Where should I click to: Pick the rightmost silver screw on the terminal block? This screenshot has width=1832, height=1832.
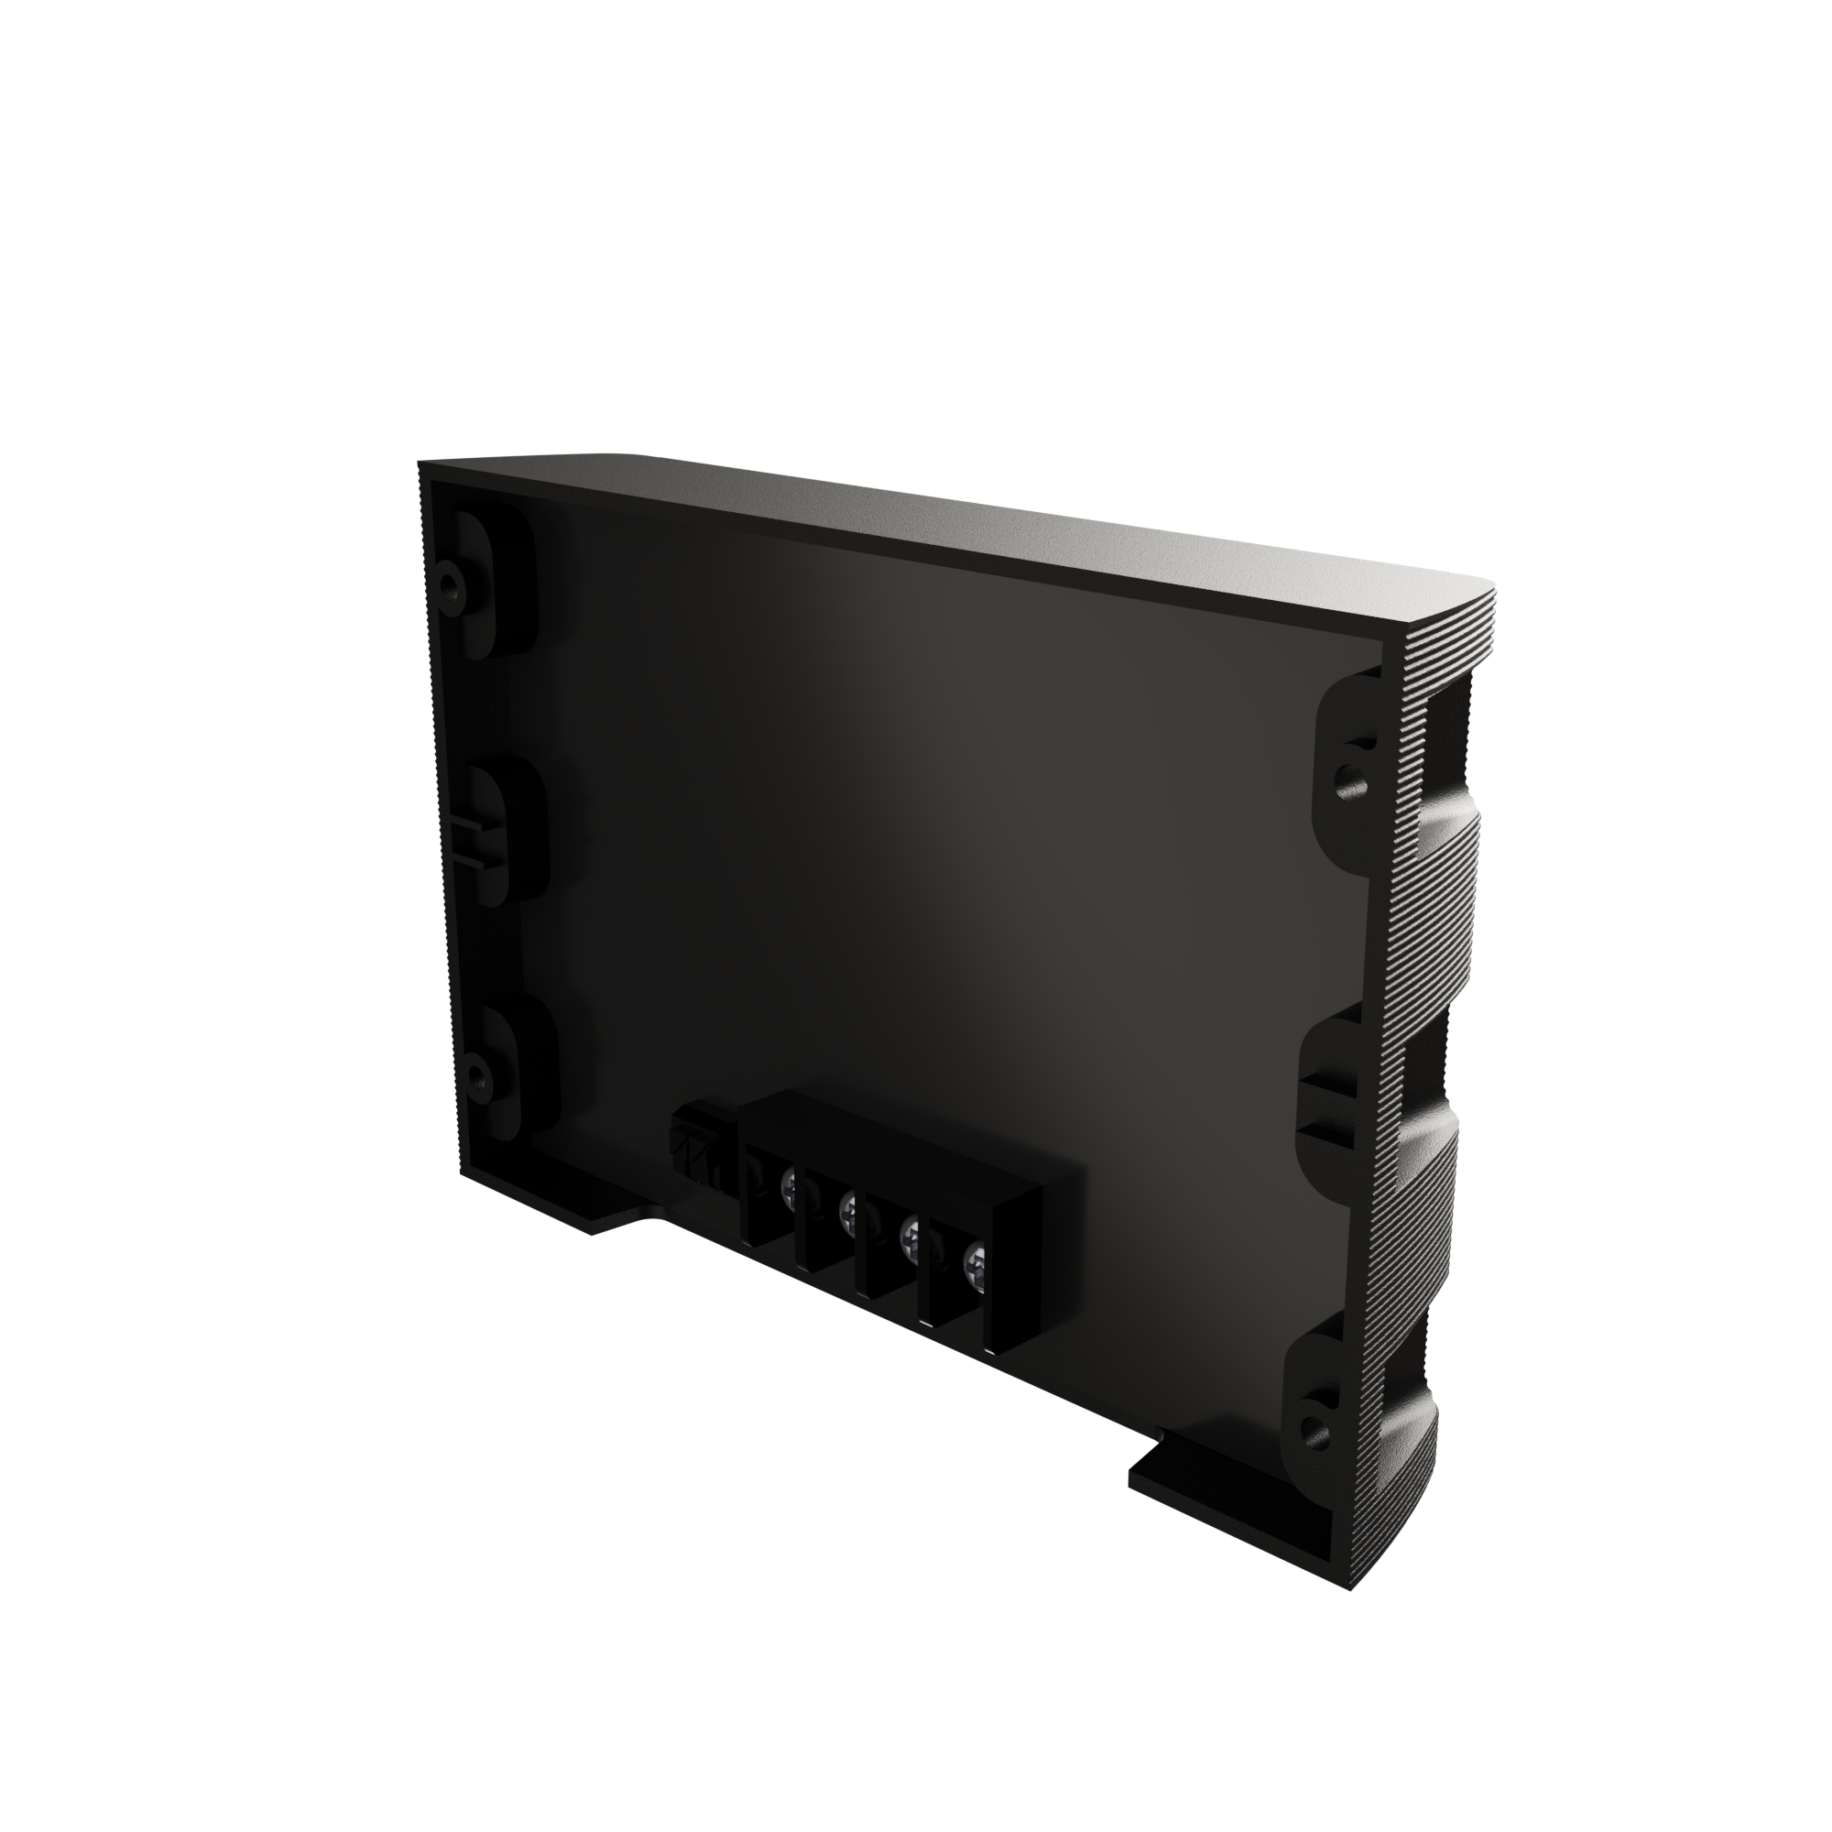point(974,1262)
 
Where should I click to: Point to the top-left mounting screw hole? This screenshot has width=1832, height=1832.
point(453,577)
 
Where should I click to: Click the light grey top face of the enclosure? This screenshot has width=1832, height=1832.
point(948,531)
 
